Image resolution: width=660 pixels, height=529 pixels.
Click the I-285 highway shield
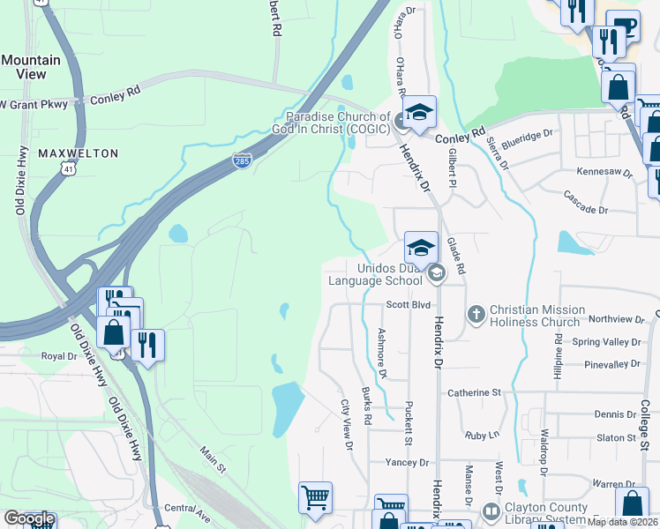point(242,160)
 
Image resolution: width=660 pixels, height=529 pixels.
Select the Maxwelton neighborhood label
point(79,153)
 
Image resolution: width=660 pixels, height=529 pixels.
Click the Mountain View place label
point(31,67)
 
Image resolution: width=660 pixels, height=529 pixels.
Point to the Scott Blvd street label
point(408,304)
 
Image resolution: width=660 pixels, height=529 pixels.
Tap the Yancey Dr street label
point(407,462)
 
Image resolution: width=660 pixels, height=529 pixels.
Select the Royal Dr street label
point(60,356)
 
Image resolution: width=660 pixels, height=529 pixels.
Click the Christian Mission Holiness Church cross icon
point(476,313)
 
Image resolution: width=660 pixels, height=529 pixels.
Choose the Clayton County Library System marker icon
point(491,510)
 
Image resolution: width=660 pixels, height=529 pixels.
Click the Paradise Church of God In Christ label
point(337,123)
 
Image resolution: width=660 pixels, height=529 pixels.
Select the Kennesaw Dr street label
point(605,172)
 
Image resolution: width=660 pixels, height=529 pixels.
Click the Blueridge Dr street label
point(527,136)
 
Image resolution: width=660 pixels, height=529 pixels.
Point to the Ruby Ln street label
point(482,436)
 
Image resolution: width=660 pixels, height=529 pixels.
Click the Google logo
point(29,518)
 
